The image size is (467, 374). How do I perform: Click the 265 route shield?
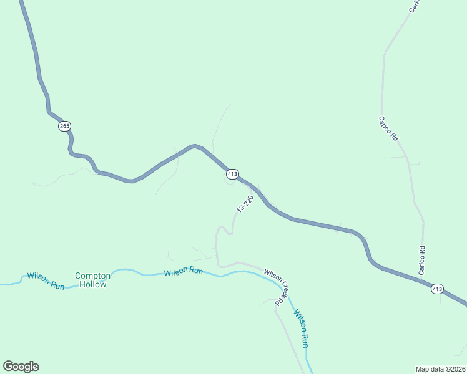[65, 126]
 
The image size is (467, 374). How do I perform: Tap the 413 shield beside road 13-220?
[232, 175]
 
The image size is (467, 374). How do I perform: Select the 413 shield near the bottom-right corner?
[437, 289]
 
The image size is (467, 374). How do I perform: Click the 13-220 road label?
[245, 203]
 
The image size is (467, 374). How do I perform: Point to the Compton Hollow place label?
[92, 280]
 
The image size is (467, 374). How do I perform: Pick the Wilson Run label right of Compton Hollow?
[184, 272]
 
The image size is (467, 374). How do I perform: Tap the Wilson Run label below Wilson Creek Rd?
[301, 328]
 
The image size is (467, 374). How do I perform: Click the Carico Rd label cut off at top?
[415, 5]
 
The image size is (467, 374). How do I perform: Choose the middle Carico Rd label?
[388, 128]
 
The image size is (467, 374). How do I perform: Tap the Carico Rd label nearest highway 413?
[422, 261]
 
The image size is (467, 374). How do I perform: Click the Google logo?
[21, 367]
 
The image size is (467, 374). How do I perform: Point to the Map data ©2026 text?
[440, 368]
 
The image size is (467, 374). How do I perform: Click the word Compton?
[92, 276]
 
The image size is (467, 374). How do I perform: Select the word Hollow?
[92, 284]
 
